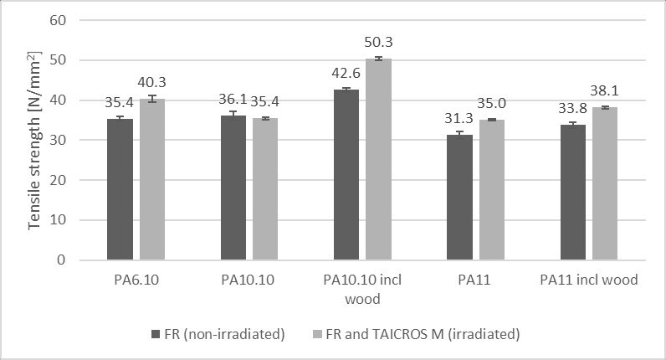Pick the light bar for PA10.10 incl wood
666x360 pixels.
tap(378, 159)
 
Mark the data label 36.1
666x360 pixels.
tap(233, 98)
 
